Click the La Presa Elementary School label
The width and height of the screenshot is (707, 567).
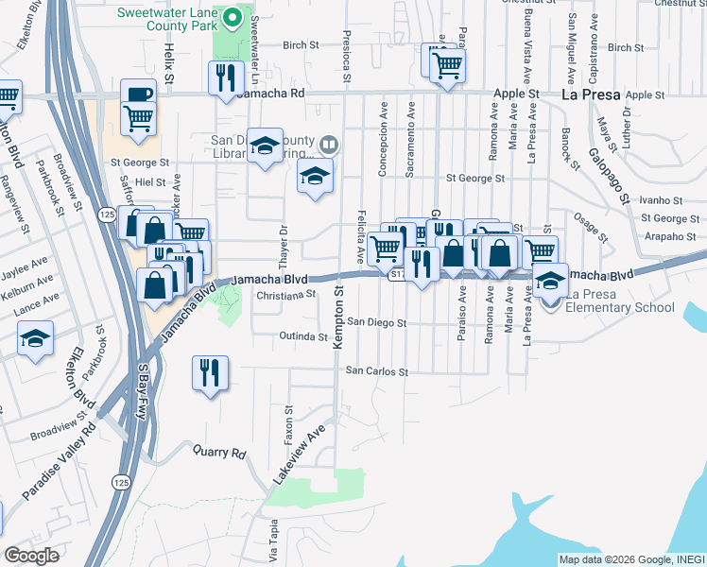pos(620,301)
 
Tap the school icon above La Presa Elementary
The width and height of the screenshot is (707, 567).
pos(550,279)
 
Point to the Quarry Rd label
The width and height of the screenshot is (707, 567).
pos(219,452)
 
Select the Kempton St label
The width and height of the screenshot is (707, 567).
pos(337,324)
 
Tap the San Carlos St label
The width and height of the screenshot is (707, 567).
pos(376,371)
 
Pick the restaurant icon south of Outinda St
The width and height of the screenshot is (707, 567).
pos(210,371)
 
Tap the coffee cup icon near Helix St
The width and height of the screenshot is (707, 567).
pos(138,94)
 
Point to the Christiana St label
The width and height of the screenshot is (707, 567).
pos(285,295)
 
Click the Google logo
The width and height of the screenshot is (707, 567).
pos(31,556)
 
